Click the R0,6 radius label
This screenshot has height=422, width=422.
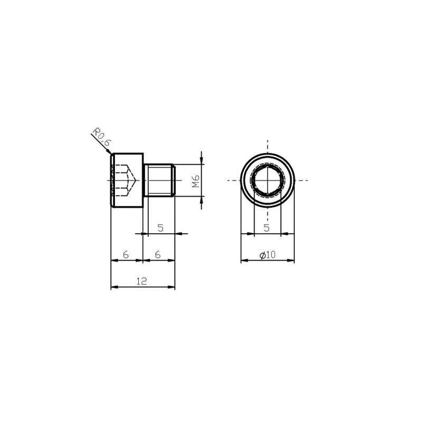pyautogui.click(x=102, y=137)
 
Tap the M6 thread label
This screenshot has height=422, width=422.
pyautogui.click(x=196, y=181)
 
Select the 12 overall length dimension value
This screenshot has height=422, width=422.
pyautogui.click(x=142, y=281)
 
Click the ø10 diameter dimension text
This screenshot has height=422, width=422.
pyautogui.click(x=268, y=255)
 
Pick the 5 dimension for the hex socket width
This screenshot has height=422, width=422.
pyautogui.click(x=266, y=228)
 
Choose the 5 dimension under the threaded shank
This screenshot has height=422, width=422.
pyautogui.click(x=160, y=228)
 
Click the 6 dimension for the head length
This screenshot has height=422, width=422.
pyautogui.click(x=126, y=254)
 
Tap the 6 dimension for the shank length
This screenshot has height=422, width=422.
pyautogui.click(x=158, y=254)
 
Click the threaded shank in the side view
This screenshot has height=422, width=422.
pyautogui.click(x=160, y=180)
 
